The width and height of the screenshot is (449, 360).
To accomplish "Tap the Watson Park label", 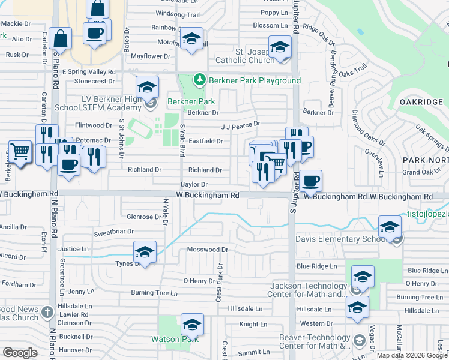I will (173, 340).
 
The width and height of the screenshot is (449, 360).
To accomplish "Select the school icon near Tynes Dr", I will (145, 253).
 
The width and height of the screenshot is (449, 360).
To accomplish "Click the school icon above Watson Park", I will (192, 325).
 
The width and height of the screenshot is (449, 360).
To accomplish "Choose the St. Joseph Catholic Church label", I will (244, 56).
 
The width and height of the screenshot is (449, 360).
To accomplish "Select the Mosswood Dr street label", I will (208, 249).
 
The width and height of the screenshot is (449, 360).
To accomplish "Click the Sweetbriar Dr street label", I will (113, 231).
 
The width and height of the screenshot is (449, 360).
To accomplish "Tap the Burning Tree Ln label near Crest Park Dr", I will (155, 293).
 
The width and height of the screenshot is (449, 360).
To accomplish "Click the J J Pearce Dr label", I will (240, 125).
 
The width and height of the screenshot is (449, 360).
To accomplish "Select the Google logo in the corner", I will (20, 353).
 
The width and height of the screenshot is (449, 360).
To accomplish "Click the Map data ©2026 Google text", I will (411, 355).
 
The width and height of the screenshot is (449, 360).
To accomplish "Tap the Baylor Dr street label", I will (194, 185).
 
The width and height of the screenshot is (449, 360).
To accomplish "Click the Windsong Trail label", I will (177, 14).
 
